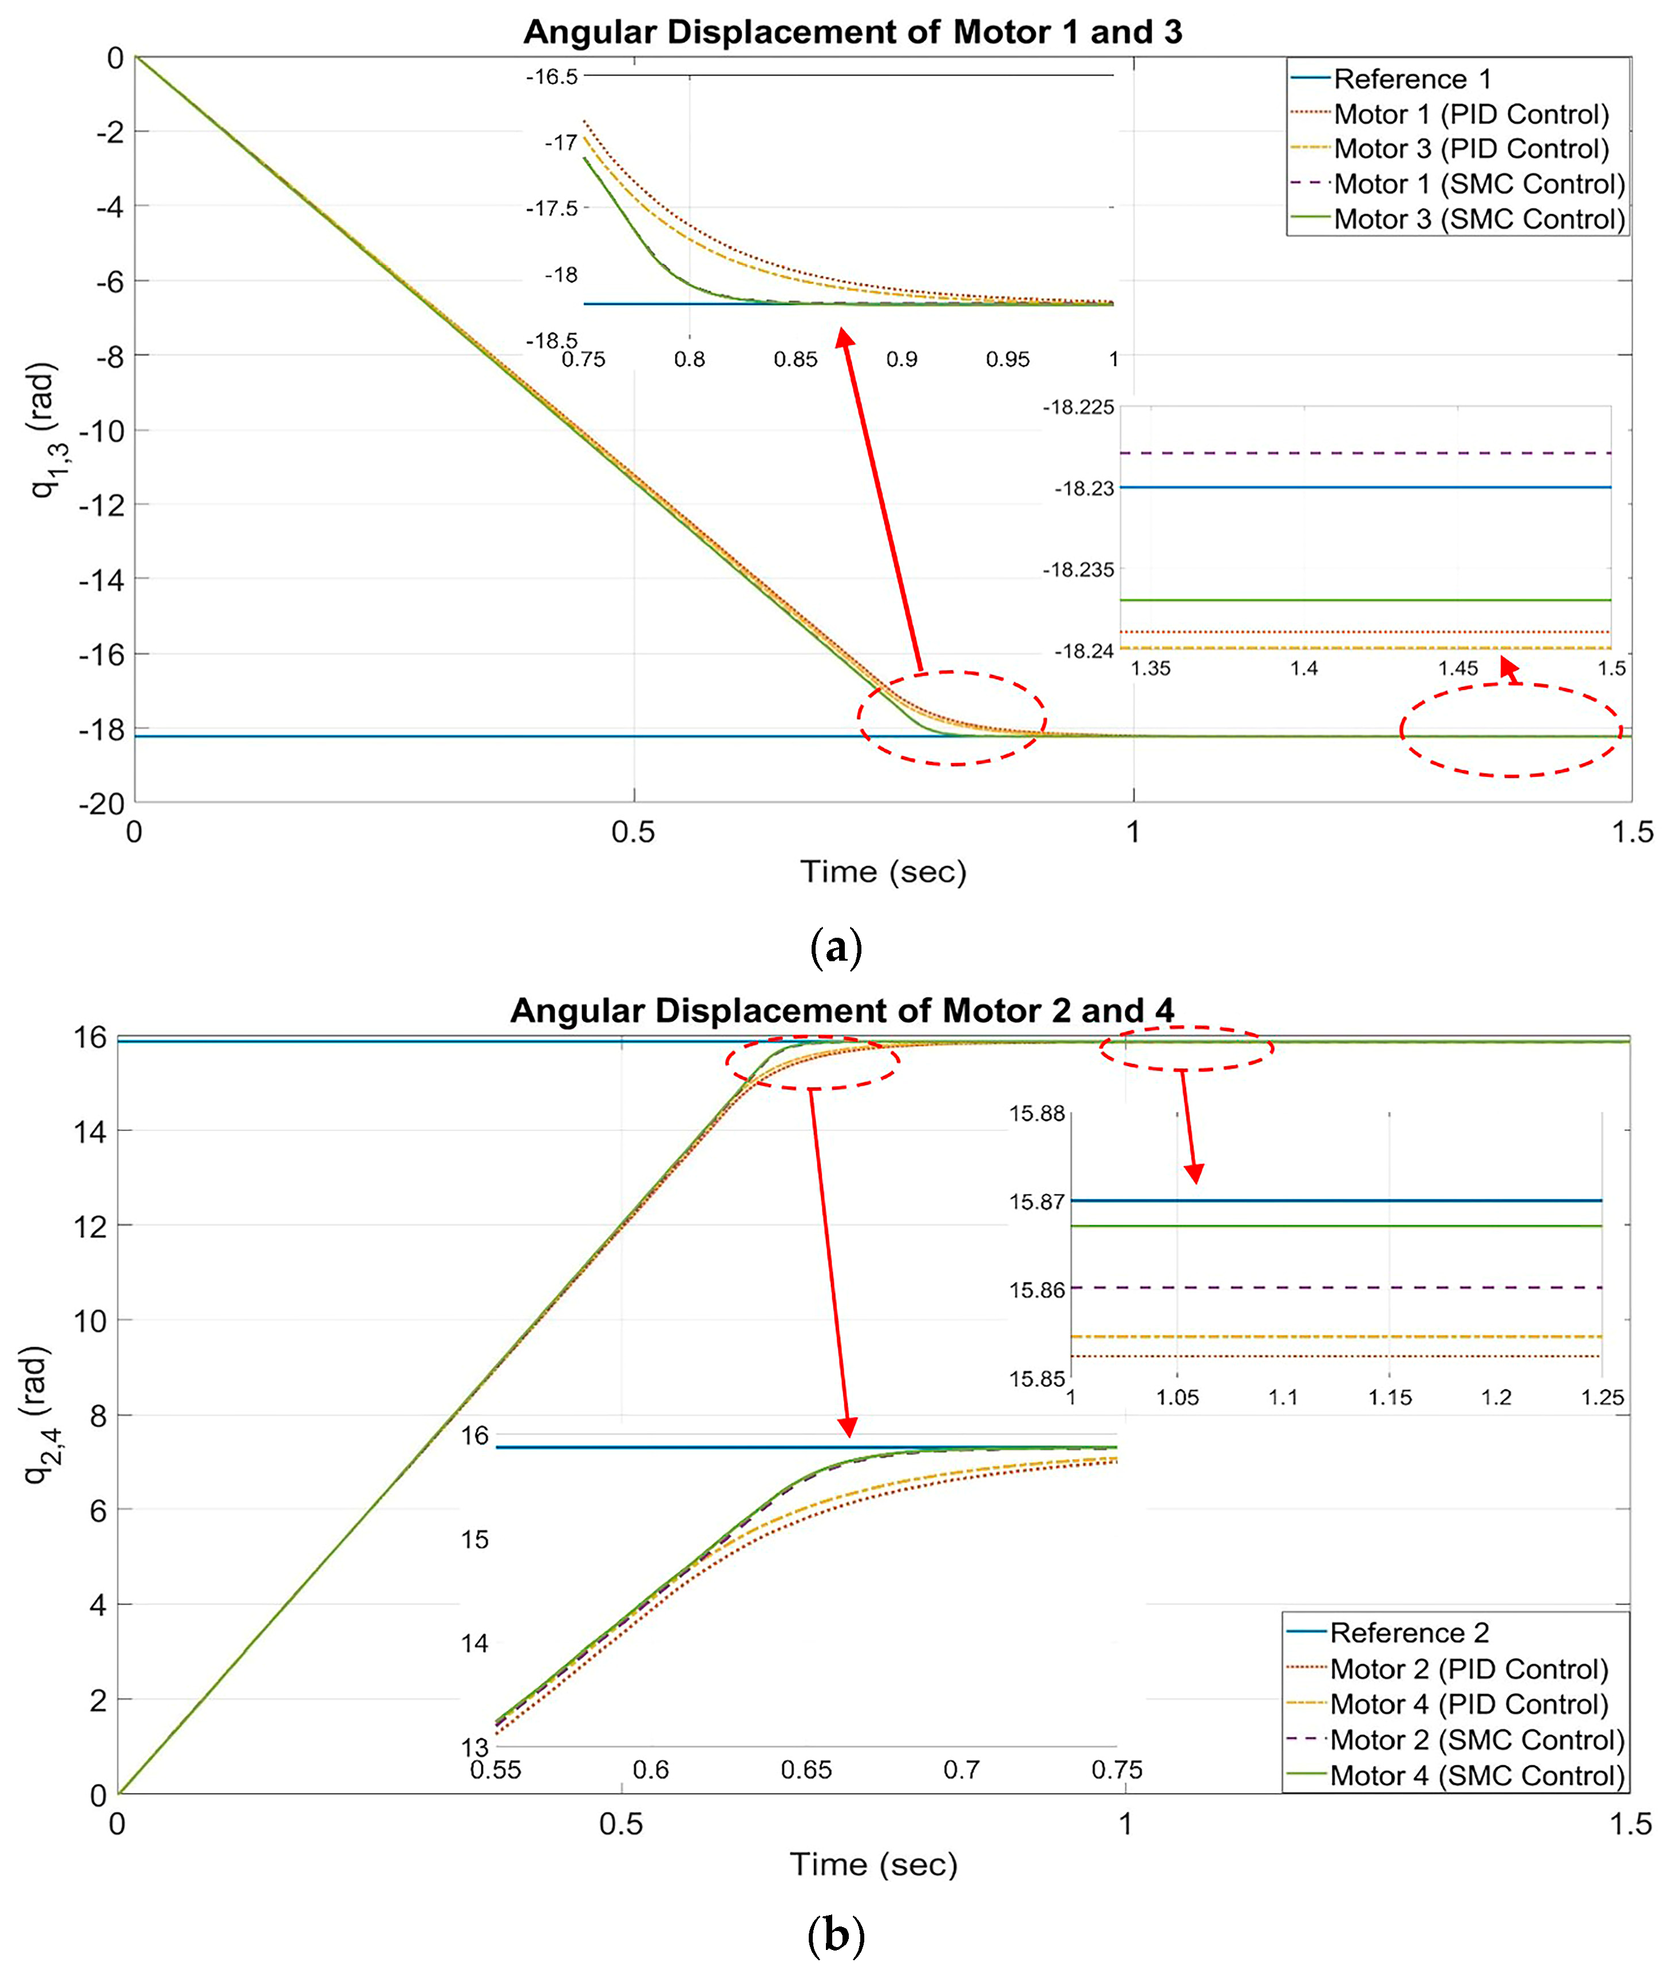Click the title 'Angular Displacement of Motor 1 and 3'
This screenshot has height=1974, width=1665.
coord(852,32)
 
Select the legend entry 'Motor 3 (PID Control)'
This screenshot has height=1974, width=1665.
coord(1470,149)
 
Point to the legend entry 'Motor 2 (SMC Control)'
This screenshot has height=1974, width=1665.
coord(1477,1740)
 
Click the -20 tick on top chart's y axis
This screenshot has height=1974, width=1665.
coord(102,803)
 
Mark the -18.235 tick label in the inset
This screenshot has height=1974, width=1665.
coord(1078,569)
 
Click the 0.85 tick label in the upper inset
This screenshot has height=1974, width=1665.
coord(796,360)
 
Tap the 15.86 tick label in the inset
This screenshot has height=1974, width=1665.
coord(1037,1289)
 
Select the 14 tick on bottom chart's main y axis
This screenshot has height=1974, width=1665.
coord(90,1131)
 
